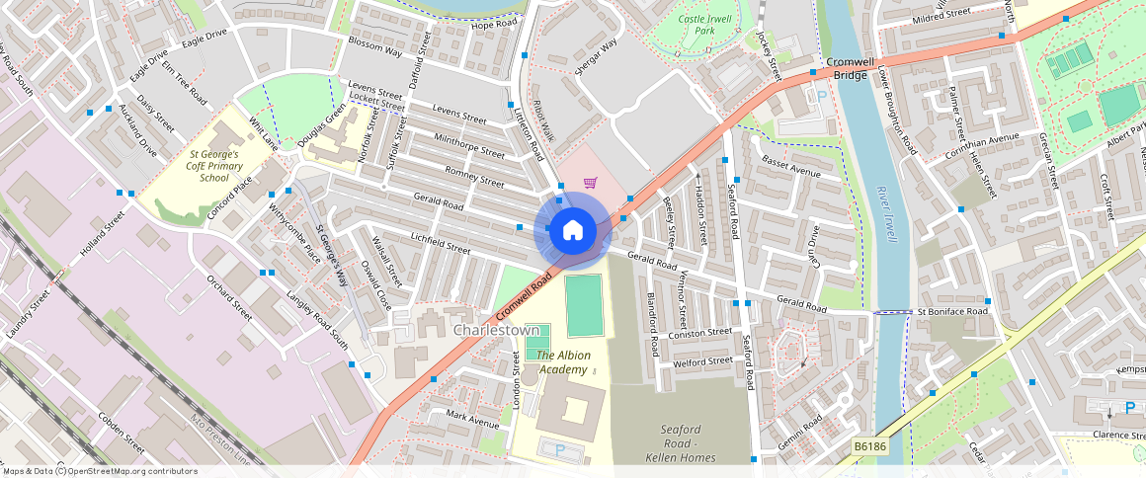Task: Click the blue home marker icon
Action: pos(572,232)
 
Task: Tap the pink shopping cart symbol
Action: pos(590,182)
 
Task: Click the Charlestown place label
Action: pos(496,330)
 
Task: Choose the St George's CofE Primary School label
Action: pos(214,166)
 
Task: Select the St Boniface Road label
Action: pos(952,312)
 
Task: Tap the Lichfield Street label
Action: pos(441,243)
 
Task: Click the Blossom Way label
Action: pos(374,46)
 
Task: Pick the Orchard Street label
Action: pos(229,290)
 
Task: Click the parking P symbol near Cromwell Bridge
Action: pos(820,97)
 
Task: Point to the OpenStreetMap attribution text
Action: pos(99,471)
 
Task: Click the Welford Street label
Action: pos(702,361)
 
